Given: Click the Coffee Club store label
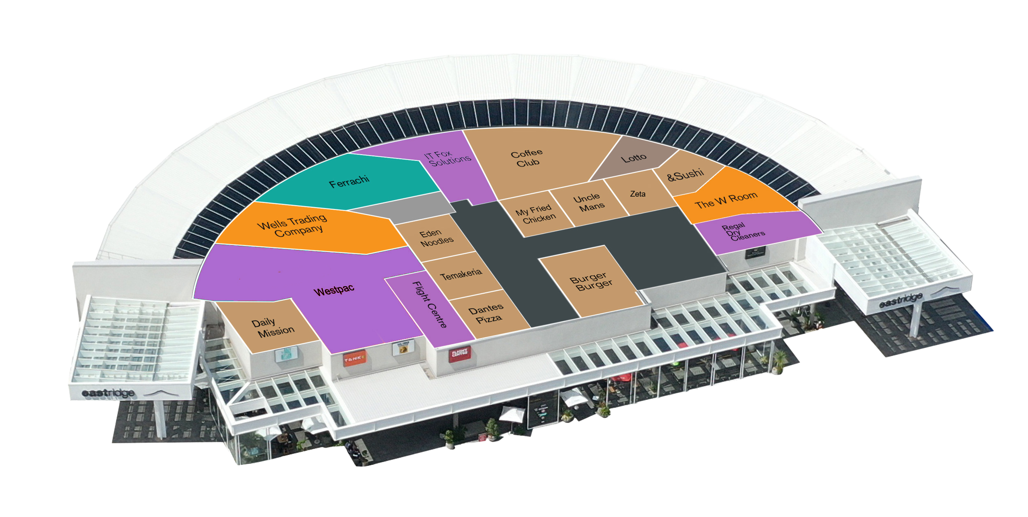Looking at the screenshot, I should [527, 158].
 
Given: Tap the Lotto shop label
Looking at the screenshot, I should [634, 158].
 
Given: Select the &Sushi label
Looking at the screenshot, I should [685, 175].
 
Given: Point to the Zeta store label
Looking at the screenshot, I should [638, 194].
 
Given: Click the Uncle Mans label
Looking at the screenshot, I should [589, 202].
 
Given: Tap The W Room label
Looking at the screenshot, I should [726, 200].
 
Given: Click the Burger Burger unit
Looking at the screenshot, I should [591, 282].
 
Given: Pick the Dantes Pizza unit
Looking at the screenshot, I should [487, 314].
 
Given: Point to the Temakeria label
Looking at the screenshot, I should [461, 274].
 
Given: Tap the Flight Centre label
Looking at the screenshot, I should [429, 304].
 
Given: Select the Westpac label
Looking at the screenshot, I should [333, 290].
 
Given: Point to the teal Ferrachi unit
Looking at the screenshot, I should [349, 181].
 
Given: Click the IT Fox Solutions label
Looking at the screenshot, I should [448, 158].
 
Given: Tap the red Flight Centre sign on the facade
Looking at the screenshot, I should [460, 353].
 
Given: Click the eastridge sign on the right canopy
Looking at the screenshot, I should [901, 300].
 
